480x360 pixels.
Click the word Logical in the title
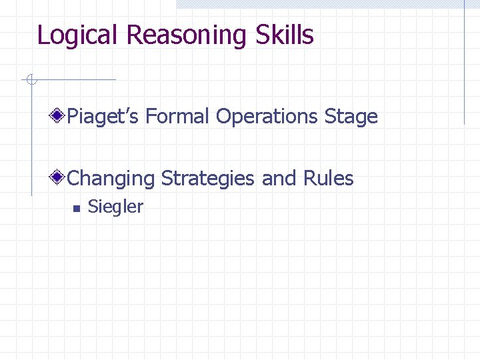click(x=79, y=35)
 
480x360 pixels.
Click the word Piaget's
click(x=103, y=117)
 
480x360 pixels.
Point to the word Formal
click(x=178, y=117)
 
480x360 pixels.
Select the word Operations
click(x=267, y=117)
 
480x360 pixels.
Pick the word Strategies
click(x=208, y=179)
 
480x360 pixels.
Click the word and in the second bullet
click(x=279, y=179)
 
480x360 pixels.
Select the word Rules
click(x=329, y=179)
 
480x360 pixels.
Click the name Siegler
click(x=115, y=207)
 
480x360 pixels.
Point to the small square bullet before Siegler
click(x=76, y=208)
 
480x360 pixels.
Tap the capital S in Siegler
click(x=93, y=207)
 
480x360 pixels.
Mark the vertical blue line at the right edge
click(x=464, y=67)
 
